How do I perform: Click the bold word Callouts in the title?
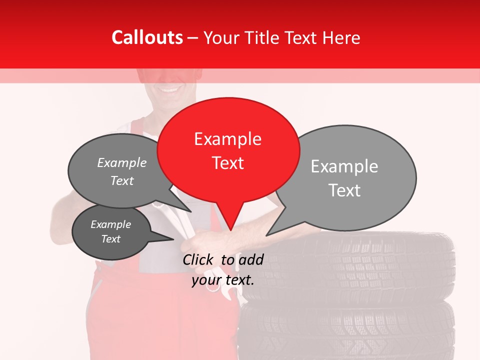(147, 37)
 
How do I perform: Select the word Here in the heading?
(342, 37)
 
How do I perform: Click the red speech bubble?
(228, 150)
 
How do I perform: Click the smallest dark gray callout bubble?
(111, 232)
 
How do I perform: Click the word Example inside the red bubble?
(227, 138)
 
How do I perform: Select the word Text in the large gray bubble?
(344, 190)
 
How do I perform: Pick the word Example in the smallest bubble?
(110, 224)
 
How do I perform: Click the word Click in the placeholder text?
(199, 259)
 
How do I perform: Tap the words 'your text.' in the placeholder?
(223, 280)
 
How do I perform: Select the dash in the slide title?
(193, 37)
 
